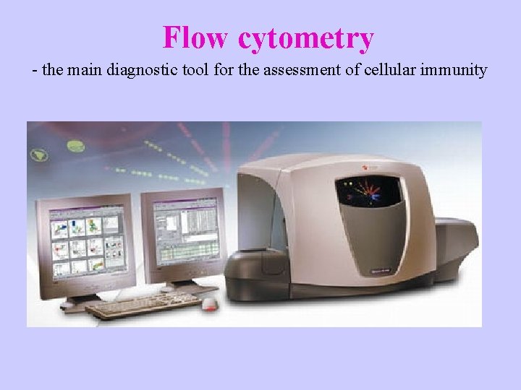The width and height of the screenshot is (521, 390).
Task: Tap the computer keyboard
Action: pyautogui.click(x=141, y=305)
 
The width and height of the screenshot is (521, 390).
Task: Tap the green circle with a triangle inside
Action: pyautogui.click(x=38, y=155)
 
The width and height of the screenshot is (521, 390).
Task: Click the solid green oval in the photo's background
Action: pyautogui.click(x=76, y=147)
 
